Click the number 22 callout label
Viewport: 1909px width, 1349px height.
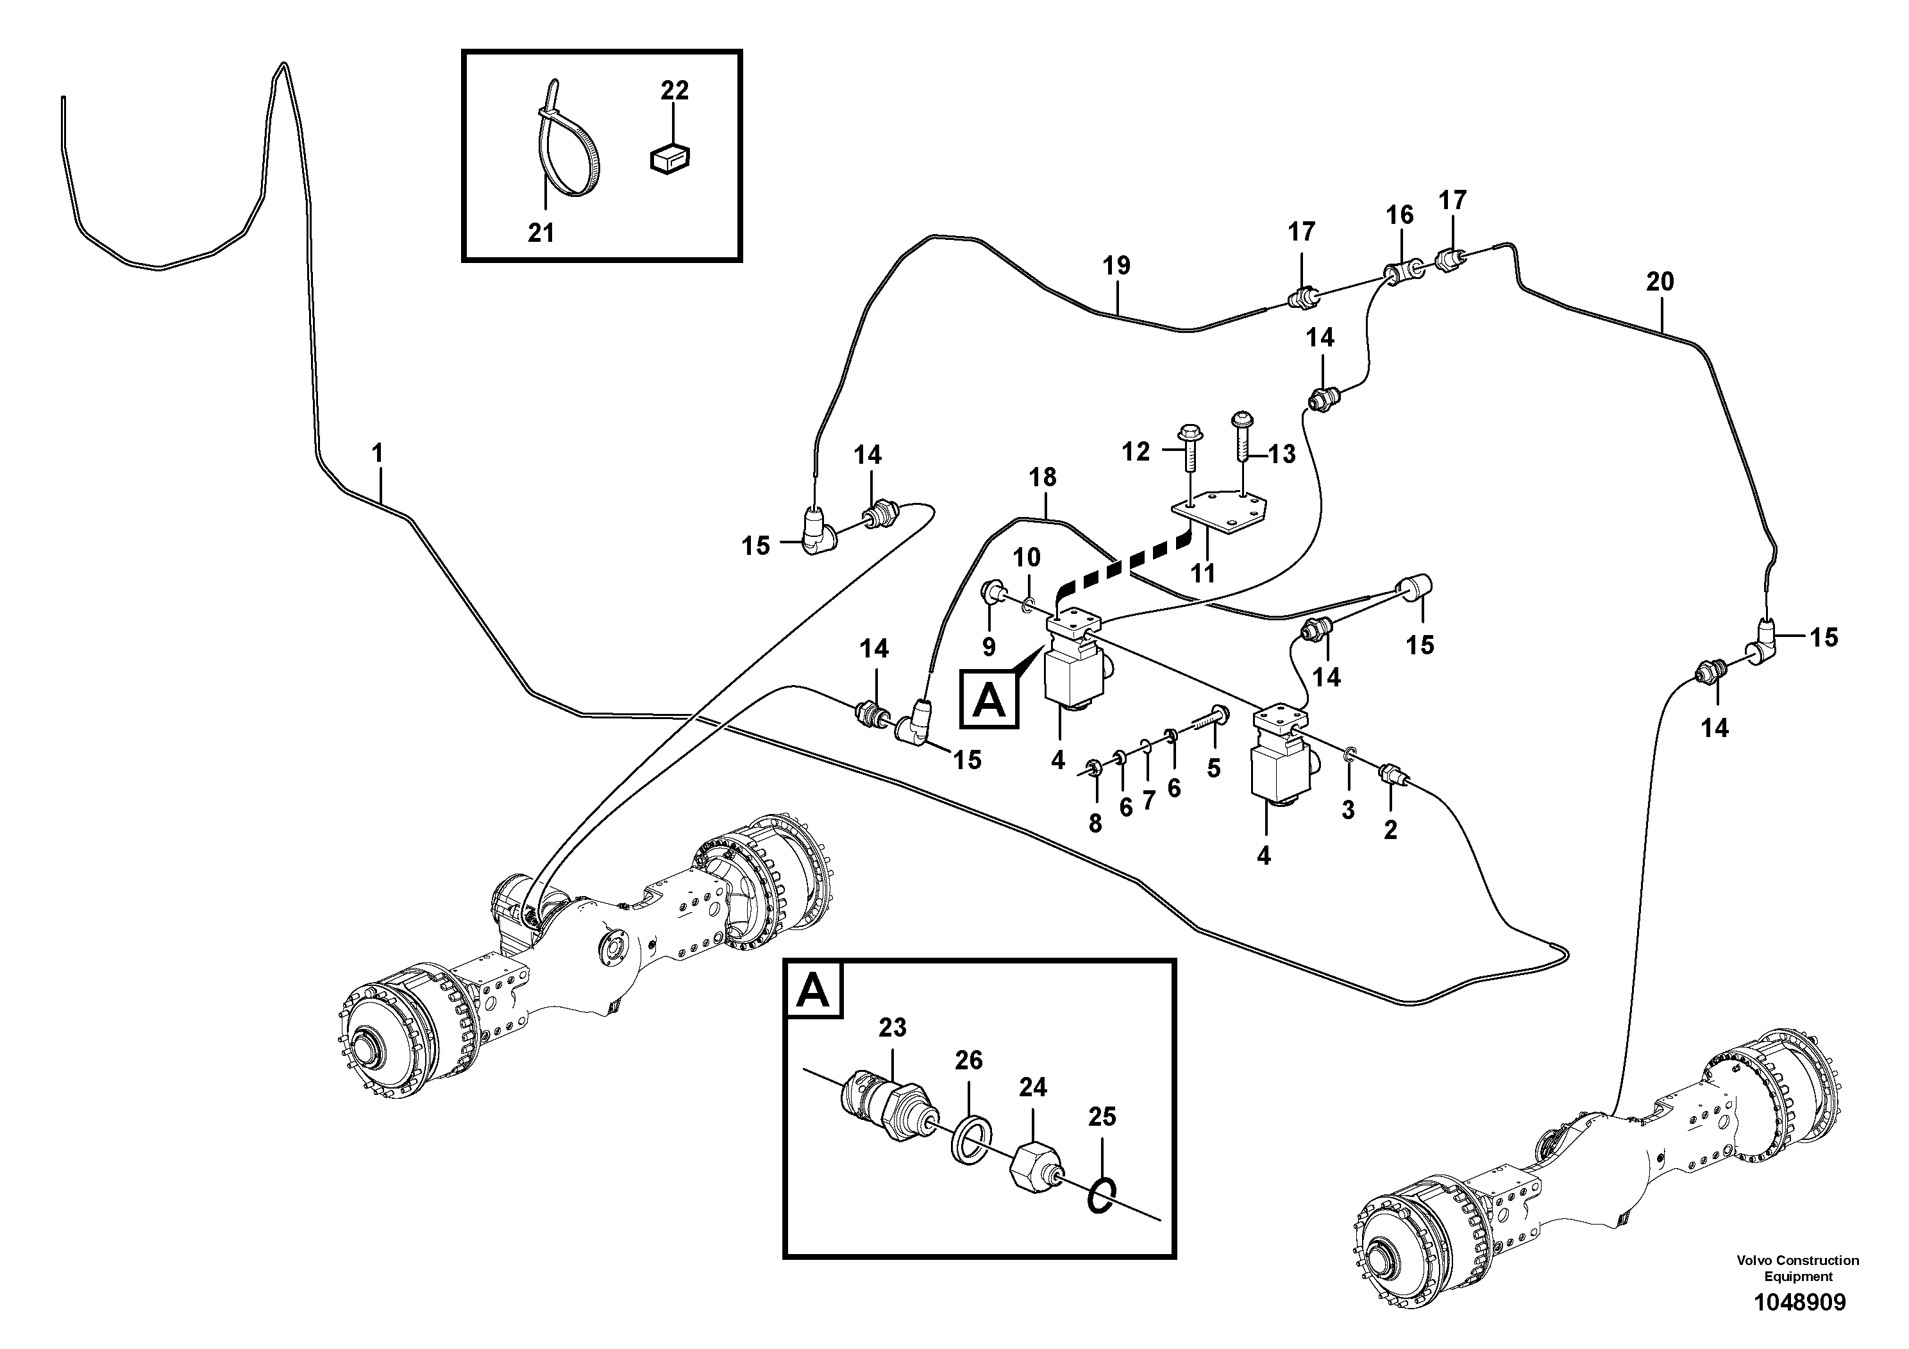[675, 90]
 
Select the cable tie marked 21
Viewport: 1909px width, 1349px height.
[568, 153]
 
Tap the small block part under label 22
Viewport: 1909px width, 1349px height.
[670, 158]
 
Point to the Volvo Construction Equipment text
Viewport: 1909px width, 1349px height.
[1797, 1268]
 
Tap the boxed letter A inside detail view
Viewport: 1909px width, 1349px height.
[813, 990]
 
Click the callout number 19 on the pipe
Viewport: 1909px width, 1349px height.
[1116, 267]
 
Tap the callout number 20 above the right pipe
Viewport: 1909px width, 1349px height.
[1660, 282]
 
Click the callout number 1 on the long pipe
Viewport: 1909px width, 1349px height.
[378, 454]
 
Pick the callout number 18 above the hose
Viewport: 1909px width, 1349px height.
[1042, 477]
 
